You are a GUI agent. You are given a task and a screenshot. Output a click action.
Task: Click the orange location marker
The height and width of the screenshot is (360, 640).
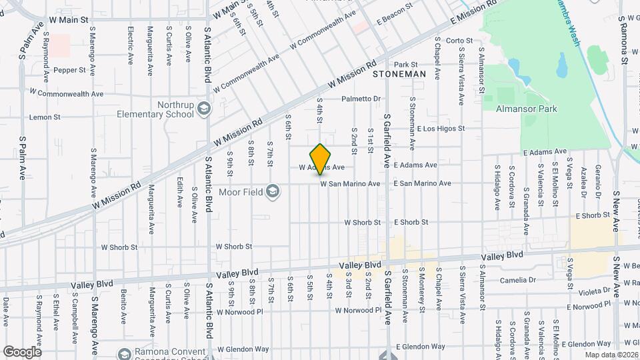click(x=321, y=159)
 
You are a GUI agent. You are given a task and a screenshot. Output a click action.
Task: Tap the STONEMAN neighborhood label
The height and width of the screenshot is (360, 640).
click(x=399, y=74)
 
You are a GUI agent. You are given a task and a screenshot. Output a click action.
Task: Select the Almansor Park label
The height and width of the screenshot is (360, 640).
click(x=526, y=108)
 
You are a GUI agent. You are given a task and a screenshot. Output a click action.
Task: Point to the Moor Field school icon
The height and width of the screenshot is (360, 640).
click(x=272, y=192)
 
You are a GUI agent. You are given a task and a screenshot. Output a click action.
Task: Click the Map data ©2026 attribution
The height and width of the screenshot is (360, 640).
click(x=611, y=355)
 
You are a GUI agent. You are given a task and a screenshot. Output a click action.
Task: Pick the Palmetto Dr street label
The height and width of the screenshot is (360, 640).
click(x=361, y=99)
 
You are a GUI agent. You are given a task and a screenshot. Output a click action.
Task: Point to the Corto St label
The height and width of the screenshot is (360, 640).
click(x=459, y=41)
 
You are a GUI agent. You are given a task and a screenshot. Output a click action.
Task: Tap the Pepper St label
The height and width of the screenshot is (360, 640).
click(x=70, y=69)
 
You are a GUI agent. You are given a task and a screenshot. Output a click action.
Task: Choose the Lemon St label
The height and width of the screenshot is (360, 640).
click(x=45, y=117)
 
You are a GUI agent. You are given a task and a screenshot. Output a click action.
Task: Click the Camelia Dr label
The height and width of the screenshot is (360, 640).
click(x=522, y=281)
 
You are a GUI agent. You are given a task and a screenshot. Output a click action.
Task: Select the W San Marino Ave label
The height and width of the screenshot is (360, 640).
click(x=350, y=183)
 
